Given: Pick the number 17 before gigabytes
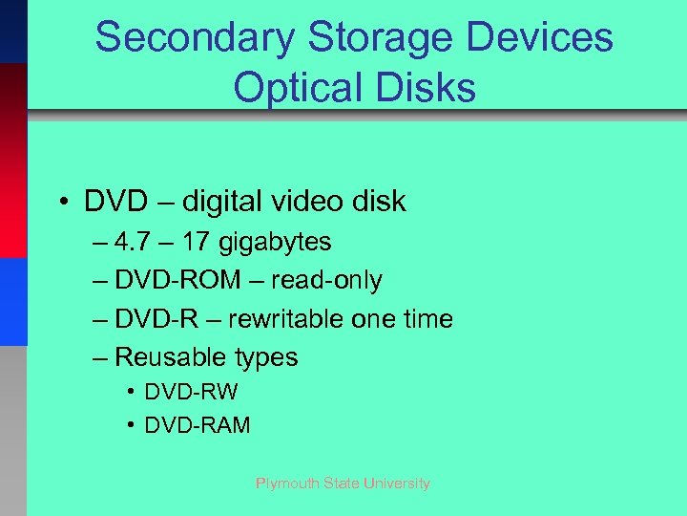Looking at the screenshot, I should click(x=198, y=242).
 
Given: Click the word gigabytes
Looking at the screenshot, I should click(x=275, y=243).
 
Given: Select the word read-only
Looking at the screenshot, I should click(x=326, y=280).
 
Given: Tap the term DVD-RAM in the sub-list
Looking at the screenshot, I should click(x=197, y=425).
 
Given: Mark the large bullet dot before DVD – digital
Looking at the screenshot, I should click(x=60, y=203).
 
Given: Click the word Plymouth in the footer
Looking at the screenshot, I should click(x=287, y=484).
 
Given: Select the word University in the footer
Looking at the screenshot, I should click(x=396, y=484).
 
